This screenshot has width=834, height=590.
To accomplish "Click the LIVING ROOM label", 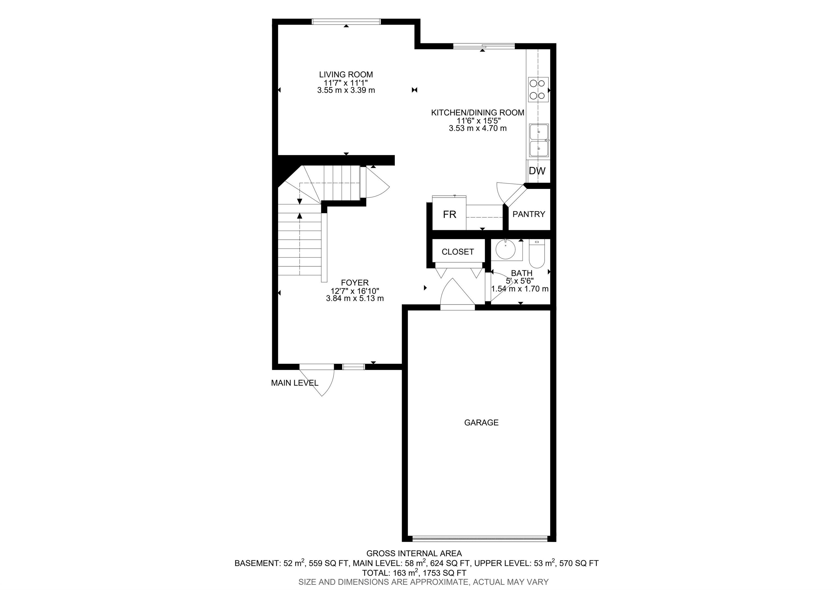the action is [x=346, y=74].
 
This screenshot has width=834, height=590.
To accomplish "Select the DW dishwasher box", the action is [x=537, y=171].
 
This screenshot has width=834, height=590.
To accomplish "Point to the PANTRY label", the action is [x=529, y=214].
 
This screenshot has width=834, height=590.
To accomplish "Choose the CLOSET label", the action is [x=458, y=252].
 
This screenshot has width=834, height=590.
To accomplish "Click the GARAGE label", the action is [x=481, y=422].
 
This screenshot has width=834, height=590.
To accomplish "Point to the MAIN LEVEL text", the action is [x=295, y=383].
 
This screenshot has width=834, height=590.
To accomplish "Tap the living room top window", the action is [x=346, y=21].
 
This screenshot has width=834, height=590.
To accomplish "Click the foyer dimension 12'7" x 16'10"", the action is [x=355, y=291].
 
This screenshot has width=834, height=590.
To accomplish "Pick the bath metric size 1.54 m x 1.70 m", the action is [x=520, y=289].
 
